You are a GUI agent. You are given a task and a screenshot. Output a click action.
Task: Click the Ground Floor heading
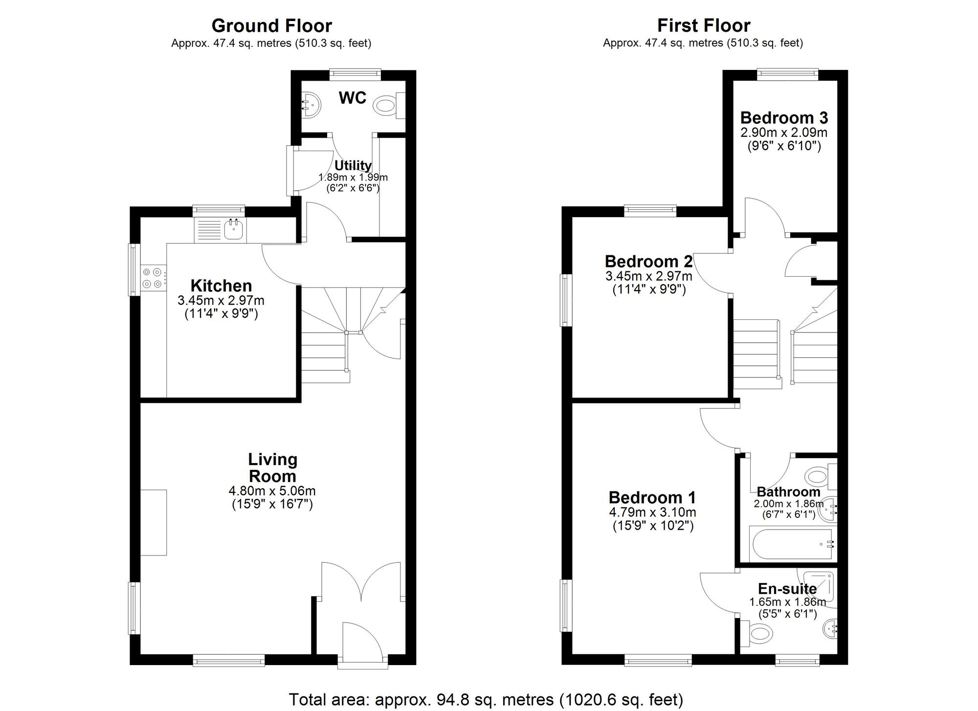271,25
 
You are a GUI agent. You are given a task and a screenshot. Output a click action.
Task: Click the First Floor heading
703,25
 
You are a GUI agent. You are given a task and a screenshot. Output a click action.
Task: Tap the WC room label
352,98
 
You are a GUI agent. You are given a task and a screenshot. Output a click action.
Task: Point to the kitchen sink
234,229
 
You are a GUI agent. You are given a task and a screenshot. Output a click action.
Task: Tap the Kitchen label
221,286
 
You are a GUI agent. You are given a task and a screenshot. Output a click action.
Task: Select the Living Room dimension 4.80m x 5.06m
272,490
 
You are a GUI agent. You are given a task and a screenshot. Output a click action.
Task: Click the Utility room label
353,165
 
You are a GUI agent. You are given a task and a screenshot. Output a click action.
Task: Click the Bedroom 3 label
784,118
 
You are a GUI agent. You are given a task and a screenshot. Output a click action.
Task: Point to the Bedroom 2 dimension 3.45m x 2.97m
649,276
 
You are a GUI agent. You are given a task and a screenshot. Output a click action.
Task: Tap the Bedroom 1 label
652,497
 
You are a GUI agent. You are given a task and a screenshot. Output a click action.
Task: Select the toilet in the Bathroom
818,475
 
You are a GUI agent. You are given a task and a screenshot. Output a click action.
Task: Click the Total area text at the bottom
486,700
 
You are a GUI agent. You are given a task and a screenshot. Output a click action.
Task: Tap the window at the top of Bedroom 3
787,74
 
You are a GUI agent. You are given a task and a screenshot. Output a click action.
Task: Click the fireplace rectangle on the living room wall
154,522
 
